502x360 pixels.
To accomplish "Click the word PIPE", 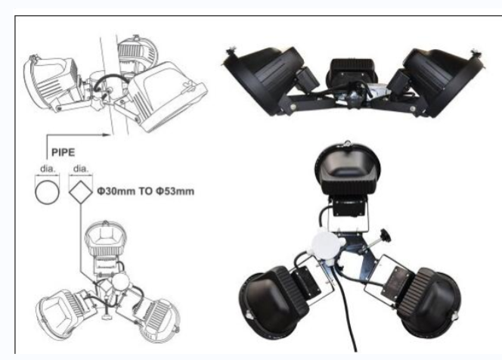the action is point(63,152).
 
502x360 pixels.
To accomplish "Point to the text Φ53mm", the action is point(175,191).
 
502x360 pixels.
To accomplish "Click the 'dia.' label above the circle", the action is point(48,169).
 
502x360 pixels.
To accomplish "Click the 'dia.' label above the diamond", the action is point(80,169).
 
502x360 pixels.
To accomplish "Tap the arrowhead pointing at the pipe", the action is point(107,135).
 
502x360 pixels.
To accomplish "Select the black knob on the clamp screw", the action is point(385,236).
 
